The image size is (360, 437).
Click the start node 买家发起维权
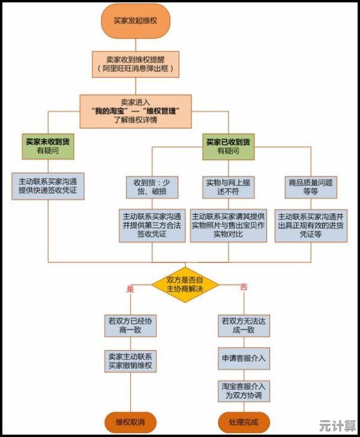tap(135, 20)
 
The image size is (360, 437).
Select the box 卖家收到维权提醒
tap(135, 64)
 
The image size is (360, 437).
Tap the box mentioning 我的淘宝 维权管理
tap(136, 111)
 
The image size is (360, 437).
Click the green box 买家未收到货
tap(49, 146)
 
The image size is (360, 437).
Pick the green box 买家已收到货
tap(228, 146)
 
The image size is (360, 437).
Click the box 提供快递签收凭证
tap(49, 187)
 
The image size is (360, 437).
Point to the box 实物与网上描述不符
tap(228, 187)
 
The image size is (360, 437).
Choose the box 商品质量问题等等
tap(311, 187)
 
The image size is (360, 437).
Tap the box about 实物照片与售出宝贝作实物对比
tap(228, 225)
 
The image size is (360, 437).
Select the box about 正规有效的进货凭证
tap(311, 225)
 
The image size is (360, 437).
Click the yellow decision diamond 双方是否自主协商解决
tap(185, 285)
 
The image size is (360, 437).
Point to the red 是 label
tap(130, 288)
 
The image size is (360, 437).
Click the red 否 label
tap(243, 288)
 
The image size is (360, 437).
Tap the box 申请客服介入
tap(243, 358)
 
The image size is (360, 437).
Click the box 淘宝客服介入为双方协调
tap(243, 391)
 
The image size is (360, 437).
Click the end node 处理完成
tap(243, 422)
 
